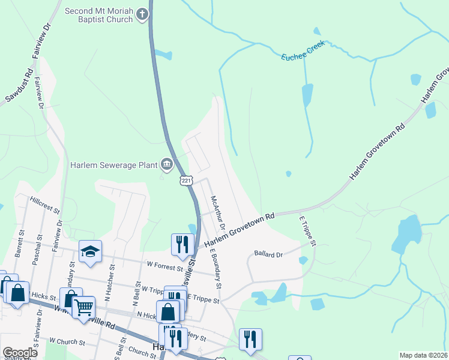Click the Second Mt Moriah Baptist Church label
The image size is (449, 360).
(x=98, y=15)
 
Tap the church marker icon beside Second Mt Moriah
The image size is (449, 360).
(x=142, y=14)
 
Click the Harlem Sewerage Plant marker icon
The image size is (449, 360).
(x=166, y=164)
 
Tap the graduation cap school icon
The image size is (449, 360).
(x=90, y=252)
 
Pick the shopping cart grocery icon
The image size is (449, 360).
(x=83, y=307)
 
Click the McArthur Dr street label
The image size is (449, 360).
(x=217, y=212)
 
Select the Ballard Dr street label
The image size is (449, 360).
(x=268, y=253)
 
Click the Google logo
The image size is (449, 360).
(x=20, y=353)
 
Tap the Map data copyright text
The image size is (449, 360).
(x=423, y=355)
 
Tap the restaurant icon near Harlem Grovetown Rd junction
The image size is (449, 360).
(x=180, y=244)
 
